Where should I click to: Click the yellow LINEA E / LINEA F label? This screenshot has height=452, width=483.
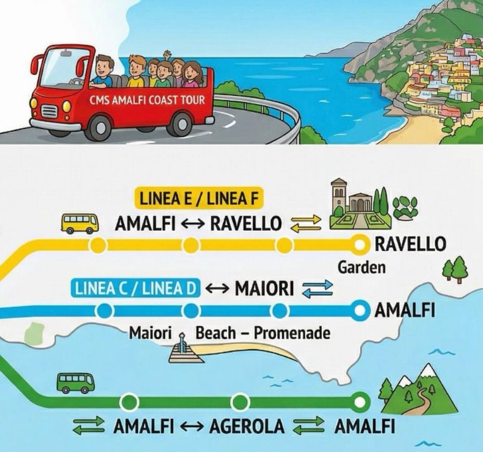pos(201,199)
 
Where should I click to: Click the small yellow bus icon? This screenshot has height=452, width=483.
pos(80,223)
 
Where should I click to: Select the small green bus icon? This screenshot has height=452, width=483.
pos(75,383)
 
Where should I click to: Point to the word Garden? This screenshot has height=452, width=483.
pos(362,268)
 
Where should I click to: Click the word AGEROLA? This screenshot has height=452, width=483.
pos(247,427)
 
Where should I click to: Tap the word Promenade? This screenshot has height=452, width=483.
pos(292,333)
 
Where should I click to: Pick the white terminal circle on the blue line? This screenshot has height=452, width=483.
pos(359,311)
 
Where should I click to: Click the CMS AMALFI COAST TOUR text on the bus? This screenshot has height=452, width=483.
pos(147,101)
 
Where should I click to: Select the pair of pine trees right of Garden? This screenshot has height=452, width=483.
pos(455,269)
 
